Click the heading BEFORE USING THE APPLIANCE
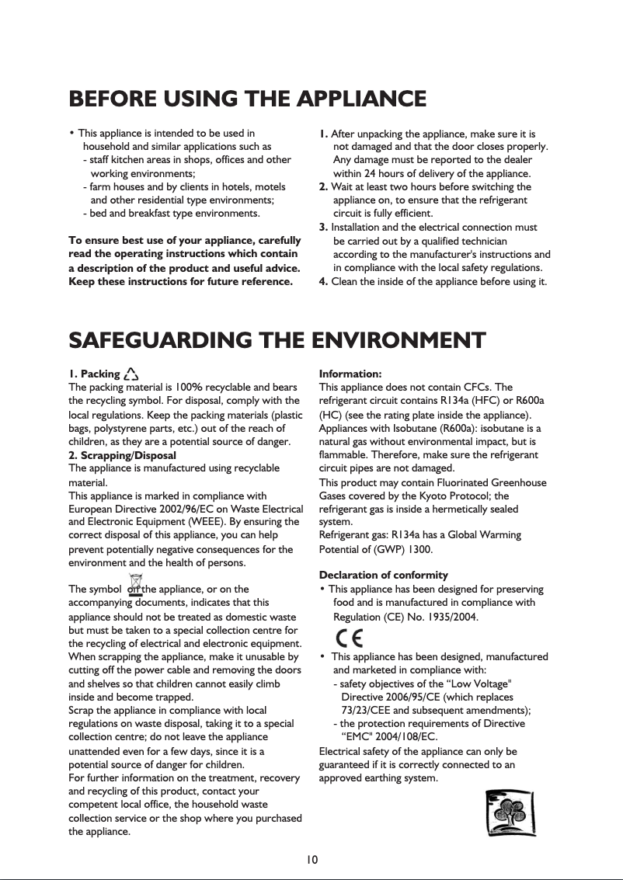tap(248, 99)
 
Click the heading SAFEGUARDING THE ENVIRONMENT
tap(277, 340)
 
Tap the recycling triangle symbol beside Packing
tap(131, 374)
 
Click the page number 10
tap(311, 859)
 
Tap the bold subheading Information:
tap(350, 374)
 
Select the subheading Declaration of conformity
tap(384, 576)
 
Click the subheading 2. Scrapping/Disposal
tap(123, 455)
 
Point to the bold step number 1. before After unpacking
tap(324, 134)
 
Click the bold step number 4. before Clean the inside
tap(324, 281)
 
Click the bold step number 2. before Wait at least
tap(324, 187)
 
